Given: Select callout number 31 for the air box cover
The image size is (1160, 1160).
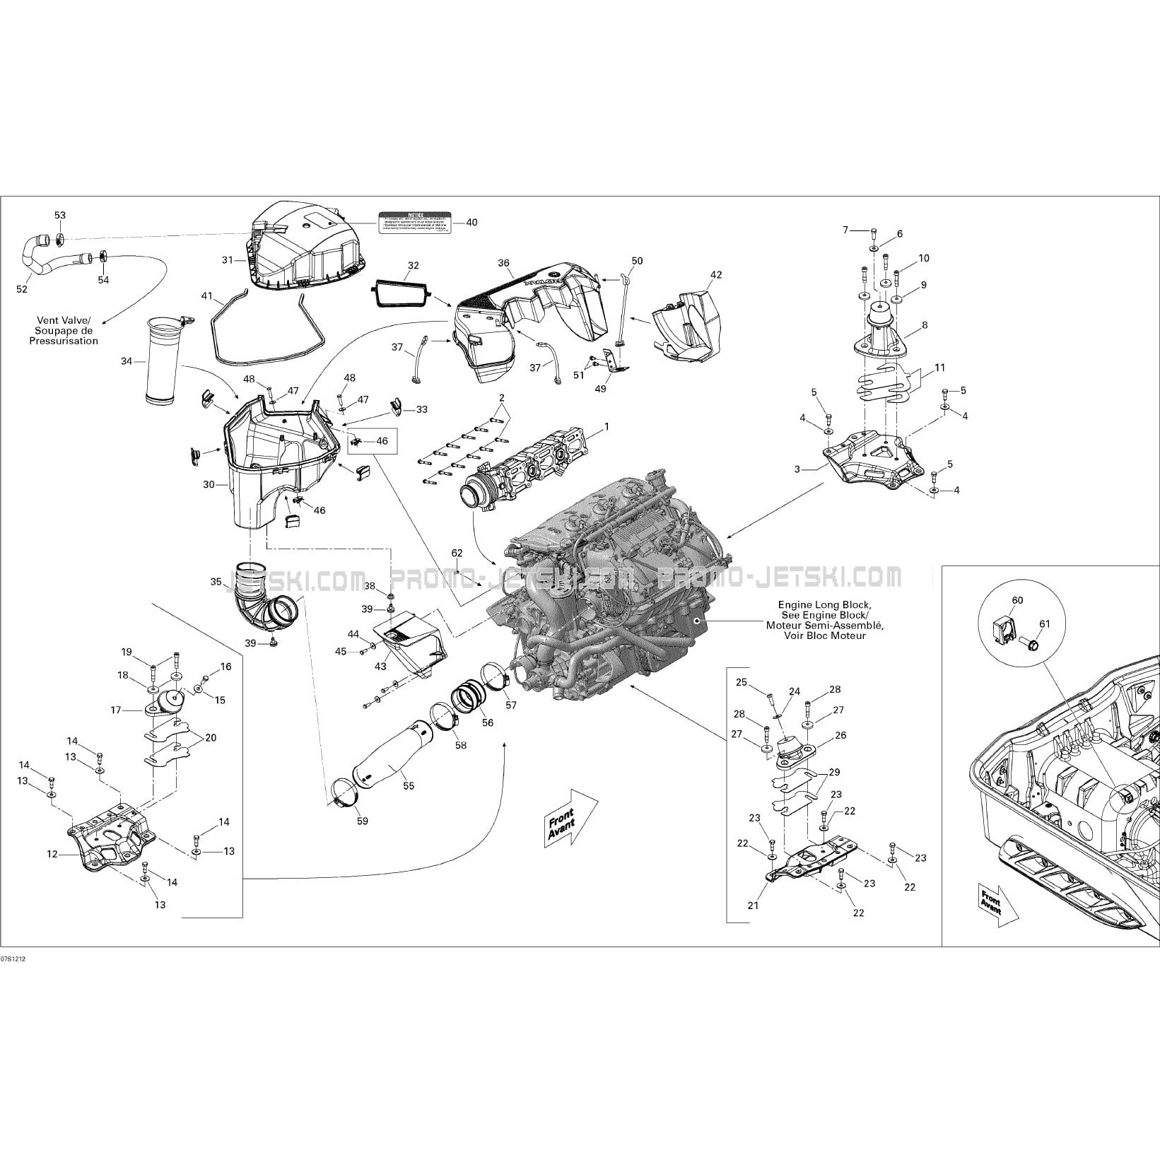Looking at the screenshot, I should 228,260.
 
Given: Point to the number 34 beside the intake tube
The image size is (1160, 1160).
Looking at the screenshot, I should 127,361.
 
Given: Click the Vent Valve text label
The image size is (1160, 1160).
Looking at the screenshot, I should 64,330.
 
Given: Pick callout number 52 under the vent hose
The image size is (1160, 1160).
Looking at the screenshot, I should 23,289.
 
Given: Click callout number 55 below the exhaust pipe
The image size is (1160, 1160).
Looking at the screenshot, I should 409,785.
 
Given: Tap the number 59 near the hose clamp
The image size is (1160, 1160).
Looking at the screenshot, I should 363,821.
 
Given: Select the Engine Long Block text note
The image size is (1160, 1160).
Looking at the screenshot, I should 824,620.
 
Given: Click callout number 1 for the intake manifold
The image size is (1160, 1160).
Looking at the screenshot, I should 606,427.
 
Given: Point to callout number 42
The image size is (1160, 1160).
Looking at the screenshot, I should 716,275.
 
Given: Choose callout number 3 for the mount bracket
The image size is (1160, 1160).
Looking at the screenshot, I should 797,469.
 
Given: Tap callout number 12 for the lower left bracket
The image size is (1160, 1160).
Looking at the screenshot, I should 52,854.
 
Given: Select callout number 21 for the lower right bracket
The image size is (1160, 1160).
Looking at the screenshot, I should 754,906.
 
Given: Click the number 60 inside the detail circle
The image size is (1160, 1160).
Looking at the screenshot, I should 1017,600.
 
